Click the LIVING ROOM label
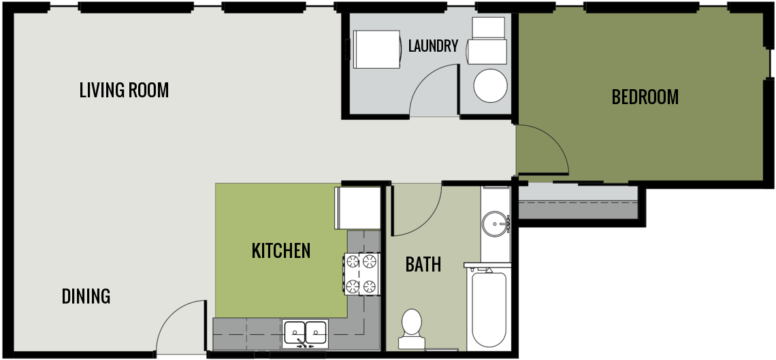(124, 90)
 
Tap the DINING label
(86, 297)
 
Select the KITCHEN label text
(281, 250)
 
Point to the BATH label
(423, 264)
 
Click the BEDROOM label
(645, 97)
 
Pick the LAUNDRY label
(433, 46)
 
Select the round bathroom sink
(495, 223)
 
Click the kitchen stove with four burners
(361, 273)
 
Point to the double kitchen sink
(305, 332)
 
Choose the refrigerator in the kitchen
(357, 208)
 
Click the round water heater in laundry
(491, 85)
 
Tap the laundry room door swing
(433, 90)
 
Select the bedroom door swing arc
(541, 150)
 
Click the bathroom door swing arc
(417, 210)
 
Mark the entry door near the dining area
(180, 328)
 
